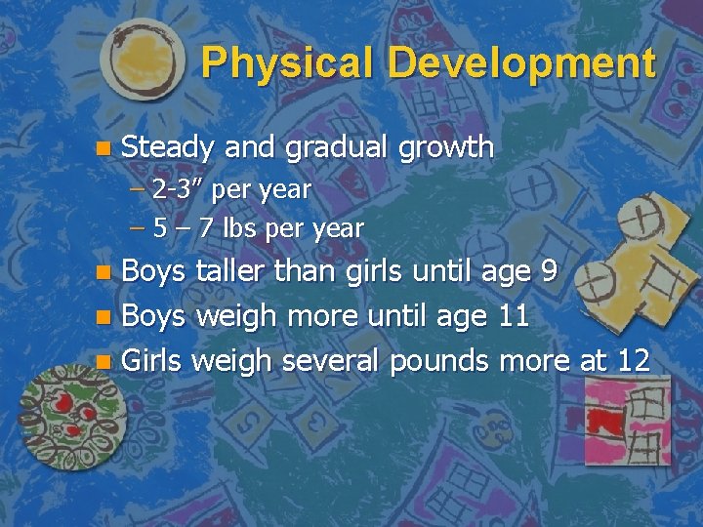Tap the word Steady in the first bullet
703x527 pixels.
tap(168, 147)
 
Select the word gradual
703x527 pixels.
tap(333, 148)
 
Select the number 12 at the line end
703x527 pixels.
tap(633, 360)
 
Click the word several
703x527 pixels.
tap(333, 360)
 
